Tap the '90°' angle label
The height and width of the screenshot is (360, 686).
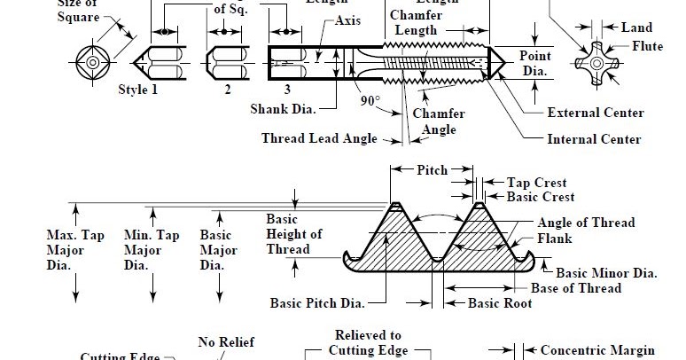point(370,100)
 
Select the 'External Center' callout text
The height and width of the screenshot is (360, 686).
point(595,113)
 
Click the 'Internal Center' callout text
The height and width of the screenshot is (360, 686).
point(594,139)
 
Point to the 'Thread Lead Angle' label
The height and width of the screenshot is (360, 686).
point(319,138)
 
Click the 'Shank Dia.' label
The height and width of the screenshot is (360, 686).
point(282,108)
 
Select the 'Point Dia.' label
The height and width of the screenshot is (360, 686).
point(534,63)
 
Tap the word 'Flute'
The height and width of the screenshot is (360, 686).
point(646,46)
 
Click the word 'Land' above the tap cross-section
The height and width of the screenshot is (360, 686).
point(635,28)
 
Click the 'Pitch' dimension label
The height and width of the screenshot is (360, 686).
point(432,169)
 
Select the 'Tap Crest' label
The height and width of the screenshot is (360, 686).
point(537,183)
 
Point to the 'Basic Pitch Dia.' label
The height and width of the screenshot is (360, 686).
point(317,303)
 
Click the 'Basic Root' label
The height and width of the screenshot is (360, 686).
point(500,303)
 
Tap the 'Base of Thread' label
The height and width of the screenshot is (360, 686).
point(575,288)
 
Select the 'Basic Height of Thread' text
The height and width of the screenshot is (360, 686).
point(293,234)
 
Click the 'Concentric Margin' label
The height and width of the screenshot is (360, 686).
point(597,350)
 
